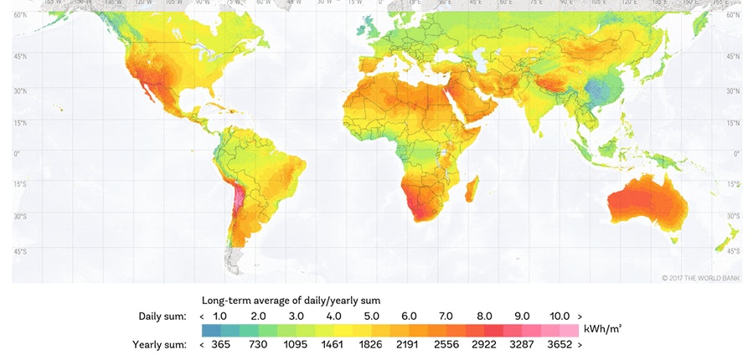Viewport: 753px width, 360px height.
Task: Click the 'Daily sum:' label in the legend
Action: [x=163, y=316]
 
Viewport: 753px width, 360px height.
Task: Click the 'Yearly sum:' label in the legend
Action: [x=160, y=344]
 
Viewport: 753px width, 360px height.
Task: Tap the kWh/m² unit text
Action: [x=601, y=331]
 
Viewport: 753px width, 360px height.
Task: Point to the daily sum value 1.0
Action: [x=220, y=316]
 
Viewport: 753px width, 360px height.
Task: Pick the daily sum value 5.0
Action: [x=371, y=316]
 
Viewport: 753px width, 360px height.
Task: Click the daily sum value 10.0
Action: [x=559, y=316]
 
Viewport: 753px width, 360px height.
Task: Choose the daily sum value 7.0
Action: [x=446, y=316]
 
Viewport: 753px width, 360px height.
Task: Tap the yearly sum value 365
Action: [x=220, y=344]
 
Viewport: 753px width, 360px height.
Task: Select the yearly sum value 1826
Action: [x=371, y=344]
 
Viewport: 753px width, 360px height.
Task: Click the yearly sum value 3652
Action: [x=559, y=344]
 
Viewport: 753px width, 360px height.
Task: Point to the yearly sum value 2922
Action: [x=484, y=344]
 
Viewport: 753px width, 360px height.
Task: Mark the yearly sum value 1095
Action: [x=296, y=344]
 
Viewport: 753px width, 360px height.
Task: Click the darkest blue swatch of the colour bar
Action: [x=211, y=331]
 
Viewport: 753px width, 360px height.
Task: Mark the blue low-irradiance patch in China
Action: [x=598, y=90]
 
